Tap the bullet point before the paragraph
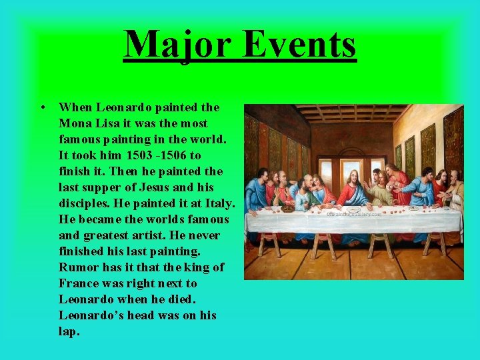point(42,107)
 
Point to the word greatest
point(105,235)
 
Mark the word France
point(79,283)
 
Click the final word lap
point(69,331)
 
